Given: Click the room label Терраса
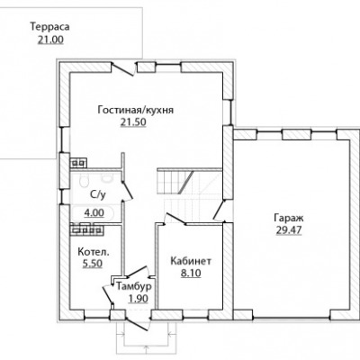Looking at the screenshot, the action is [49, 27].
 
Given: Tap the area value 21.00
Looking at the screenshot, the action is [50, 40].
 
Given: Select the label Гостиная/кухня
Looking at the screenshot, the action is [136, 110].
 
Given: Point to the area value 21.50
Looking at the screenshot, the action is [133, 122].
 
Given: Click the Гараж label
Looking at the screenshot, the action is [289, 218].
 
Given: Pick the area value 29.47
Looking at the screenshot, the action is [289, 230].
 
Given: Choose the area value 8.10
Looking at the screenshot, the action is [191, 274].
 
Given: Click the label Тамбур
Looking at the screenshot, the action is [134, 287].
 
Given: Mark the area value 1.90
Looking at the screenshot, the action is [139, 299].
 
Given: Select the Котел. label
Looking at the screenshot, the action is [94, 252].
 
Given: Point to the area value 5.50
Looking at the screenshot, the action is [93, 264].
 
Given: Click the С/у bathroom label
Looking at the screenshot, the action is [98, 195].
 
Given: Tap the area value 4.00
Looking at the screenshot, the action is [94, 213].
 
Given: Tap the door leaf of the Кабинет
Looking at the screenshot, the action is [175, 219].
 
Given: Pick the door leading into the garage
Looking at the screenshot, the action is [219, 210].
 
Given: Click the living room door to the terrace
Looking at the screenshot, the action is [122, 69].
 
